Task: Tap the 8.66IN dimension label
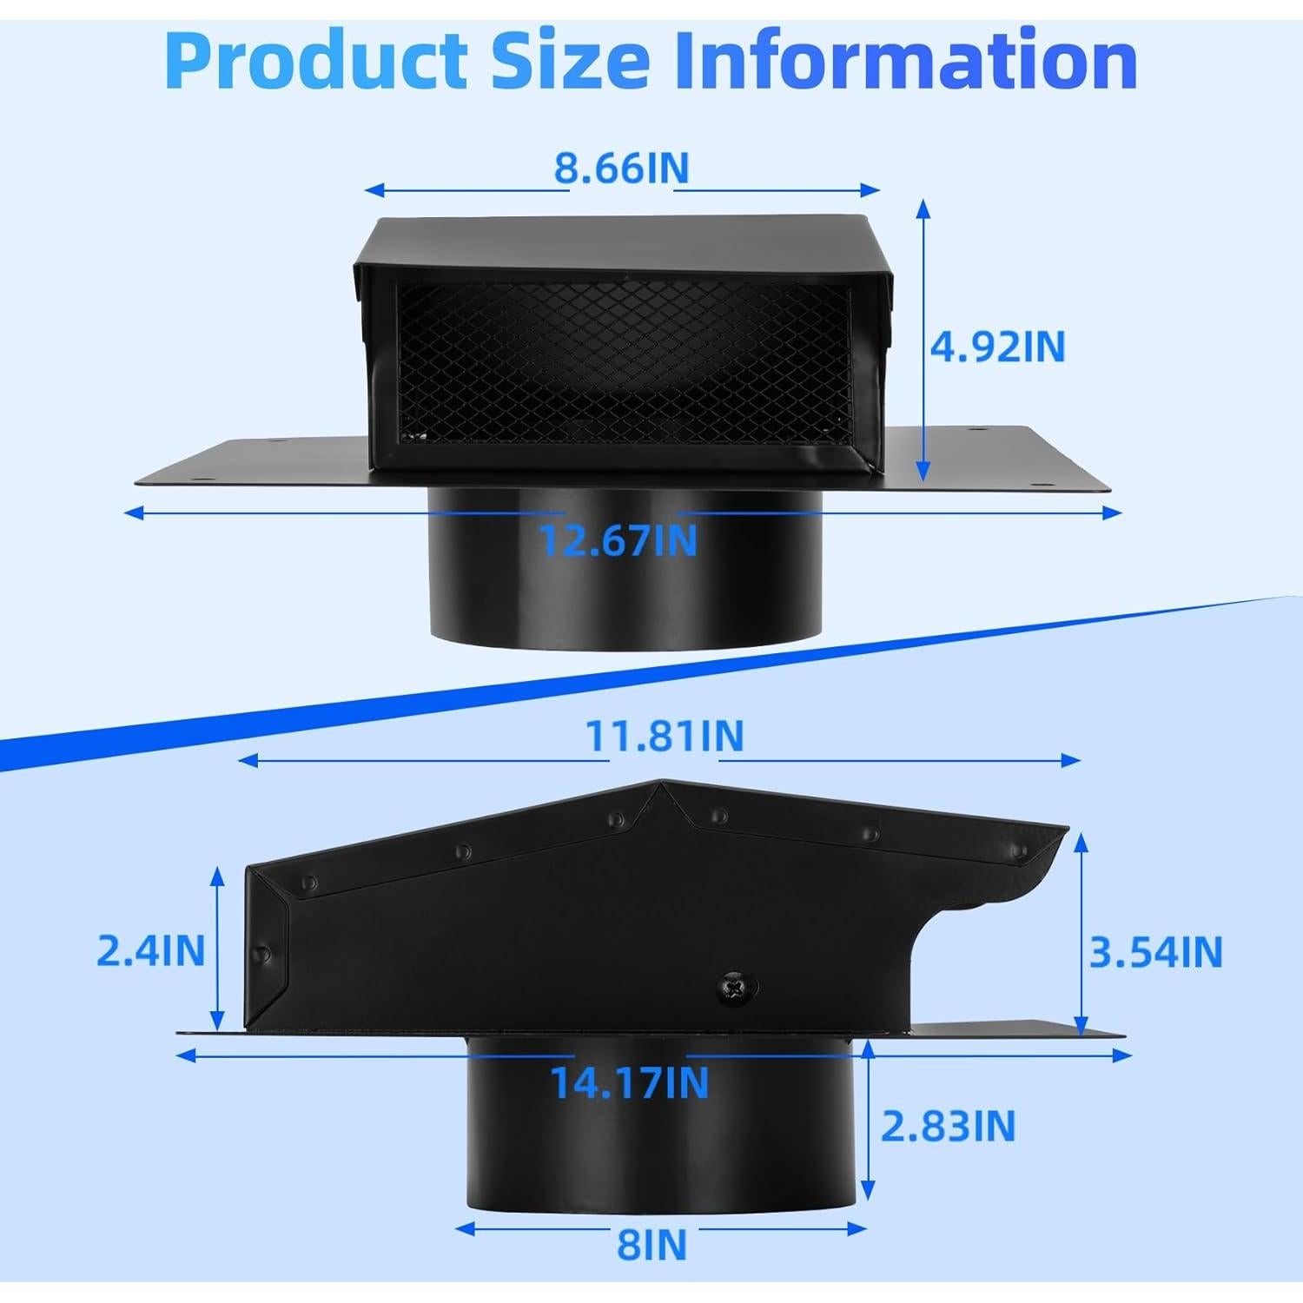click(621, 168)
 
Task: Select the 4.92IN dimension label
click(997, 347)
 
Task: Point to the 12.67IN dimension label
click(618, 539)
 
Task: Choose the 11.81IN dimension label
click(665, 735)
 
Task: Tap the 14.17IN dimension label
click(629, 1081)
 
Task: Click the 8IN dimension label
click(651, 1246)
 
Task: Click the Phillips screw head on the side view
click(734, 988)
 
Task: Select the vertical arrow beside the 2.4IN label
click(217, 950)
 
